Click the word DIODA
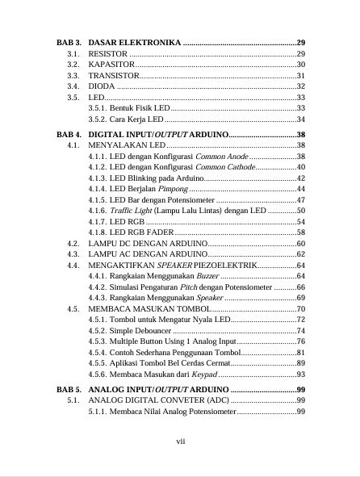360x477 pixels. [102, 86]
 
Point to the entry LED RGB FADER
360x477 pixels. [135, 232]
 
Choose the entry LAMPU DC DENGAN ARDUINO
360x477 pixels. [148, 243]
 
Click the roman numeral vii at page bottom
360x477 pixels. [181, 441]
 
